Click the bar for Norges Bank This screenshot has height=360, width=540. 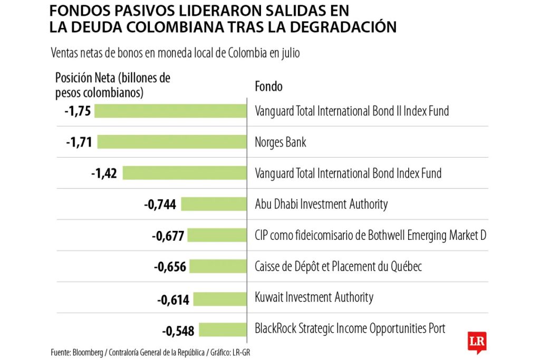click(x=172, y=142)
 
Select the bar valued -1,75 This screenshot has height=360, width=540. click(x=171, y=111)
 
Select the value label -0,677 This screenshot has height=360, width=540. click(x=168, y=236)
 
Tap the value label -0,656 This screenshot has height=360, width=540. click(x=170, y=267)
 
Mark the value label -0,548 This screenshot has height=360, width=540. click(x=178, y=331)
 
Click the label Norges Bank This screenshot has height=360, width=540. click(x=280, y=142)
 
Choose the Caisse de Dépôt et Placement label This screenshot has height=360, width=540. click(x=338, y=267)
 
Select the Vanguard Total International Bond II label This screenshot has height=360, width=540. click(x=352, y=111)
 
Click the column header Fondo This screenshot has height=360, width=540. click(x=268, y=86)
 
